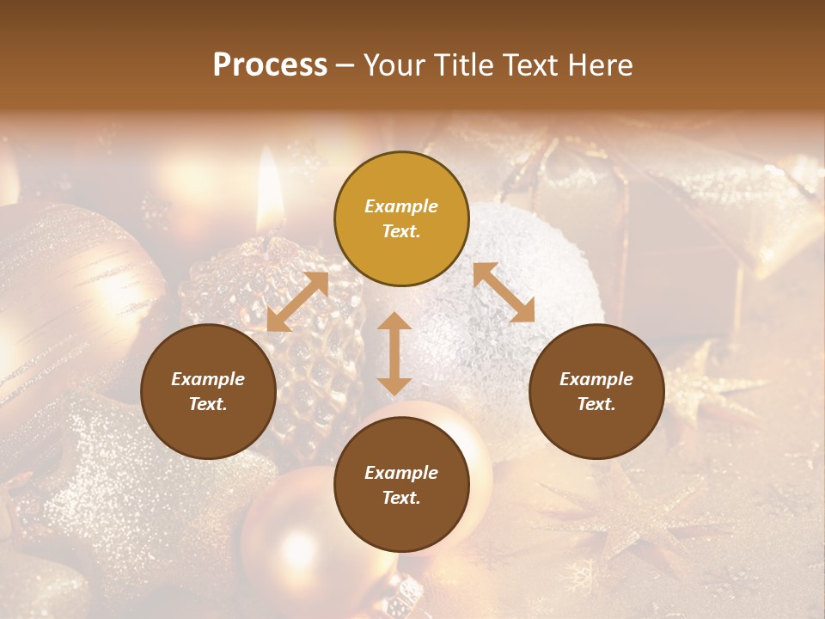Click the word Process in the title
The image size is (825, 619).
(x=270, y=65)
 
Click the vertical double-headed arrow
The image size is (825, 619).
(x=394, y=353)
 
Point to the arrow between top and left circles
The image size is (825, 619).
(x=297, y=302)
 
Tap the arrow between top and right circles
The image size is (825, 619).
(x=504, y=292)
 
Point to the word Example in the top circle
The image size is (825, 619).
(x=401, y=206)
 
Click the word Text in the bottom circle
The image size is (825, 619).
(x=401, y=498)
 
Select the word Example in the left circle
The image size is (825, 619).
(x=208, y=379)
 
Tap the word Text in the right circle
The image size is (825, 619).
(x=596, y=404)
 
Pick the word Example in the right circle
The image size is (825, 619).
(x=596, y=379)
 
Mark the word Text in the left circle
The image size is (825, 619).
(x=208, y=404)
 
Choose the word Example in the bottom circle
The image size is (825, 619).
(x=401, y=473)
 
